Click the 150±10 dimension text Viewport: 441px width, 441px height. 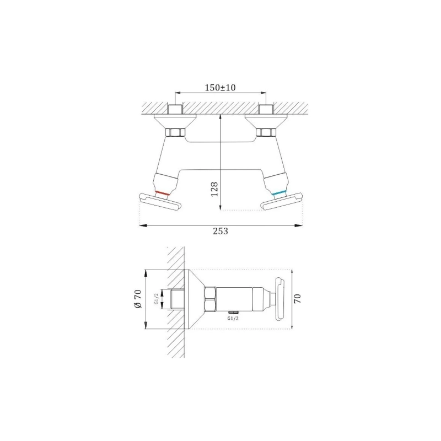(220, 88)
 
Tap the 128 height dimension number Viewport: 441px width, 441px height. (214, 189)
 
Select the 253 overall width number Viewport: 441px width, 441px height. (220, 231)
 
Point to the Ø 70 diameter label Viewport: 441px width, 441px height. (138, 299)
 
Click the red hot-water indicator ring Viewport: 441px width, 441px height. (163, 193)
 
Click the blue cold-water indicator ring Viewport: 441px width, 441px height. (279, 193)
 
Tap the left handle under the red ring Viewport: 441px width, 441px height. (160, 201)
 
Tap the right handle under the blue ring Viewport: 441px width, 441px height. (282, 201)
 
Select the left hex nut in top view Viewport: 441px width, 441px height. (175, 132)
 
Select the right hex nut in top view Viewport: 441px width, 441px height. (266, 132)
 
